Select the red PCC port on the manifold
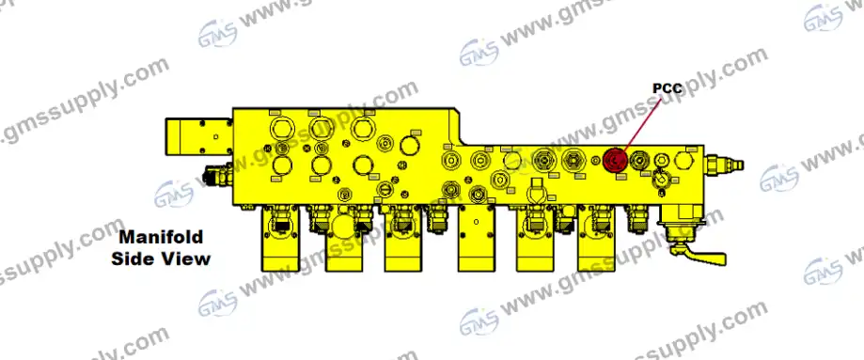coord(616,161)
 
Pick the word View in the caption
coord(186,258)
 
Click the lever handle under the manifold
coord(701,253)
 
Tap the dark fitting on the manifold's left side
coord(215,174)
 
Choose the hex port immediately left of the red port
coord(573,160)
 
